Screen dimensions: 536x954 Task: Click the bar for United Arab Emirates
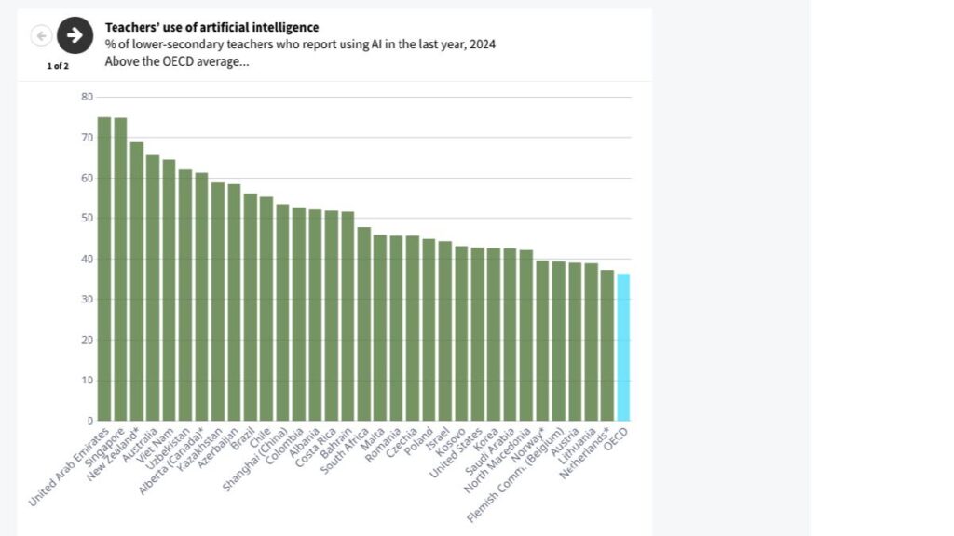coord(104,269)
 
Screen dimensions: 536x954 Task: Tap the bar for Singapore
coord(120,269)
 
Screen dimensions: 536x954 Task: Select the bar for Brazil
coord(250,307)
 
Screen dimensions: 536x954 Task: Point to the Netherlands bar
coord(607,345)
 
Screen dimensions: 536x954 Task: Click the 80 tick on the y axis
coord(87,97)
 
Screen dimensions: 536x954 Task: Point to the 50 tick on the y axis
coord(87,219)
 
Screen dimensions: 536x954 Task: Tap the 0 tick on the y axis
coord(89,421)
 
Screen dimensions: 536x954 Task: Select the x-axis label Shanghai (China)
coord(255,461)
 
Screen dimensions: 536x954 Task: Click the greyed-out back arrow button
coord(41,35)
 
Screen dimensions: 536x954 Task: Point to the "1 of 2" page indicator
coord(58,66)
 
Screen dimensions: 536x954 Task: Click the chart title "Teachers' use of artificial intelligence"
coord(211,28)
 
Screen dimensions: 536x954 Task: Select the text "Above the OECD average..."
coord(177,62)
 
